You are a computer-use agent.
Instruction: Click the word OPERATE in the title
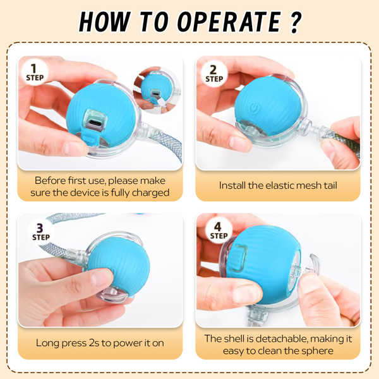coord(229,21)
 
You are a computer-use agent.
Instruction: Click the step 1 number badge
coord(35,72)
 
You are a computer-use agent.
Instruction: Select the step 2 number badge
coord(214,73)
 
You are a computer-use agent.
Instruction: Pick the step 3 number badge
coord(41,232)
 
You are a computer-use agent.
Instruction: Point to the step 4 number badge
coord(219,231)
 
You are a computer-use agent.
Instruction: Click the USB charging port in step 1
coord(95,122)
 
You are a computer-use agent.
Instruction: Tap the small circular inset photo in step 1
coord(157,90)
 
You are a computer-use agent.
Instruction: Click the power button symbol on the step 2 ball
coord(253,107)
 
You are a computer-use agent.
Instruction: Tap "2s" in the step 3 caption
coord(94,343)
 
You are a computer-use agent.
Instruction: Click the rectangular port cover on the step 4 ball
coord(238,258)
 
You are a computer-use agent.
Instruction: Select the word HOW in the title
coord(105,21)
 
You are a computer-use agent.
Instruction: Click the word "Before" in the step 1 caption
coord(49,181)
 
